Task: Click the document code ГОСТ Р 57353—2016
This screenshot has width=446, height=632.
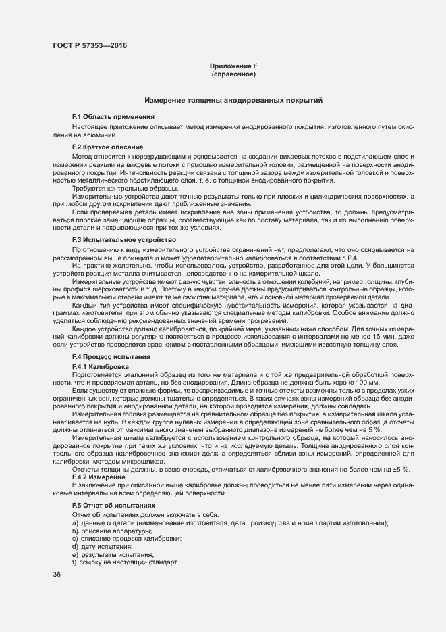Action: [90, 46]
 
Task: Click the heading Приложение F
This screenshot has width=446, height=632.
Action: [233, 65]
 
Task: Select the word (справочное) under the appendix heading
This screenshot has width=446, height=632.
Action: [233, 74]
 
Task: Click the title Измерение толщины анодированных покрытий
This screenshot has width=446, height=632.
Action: [233, 100]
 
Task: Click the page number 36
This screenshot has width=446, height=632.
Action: [56, 575]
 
